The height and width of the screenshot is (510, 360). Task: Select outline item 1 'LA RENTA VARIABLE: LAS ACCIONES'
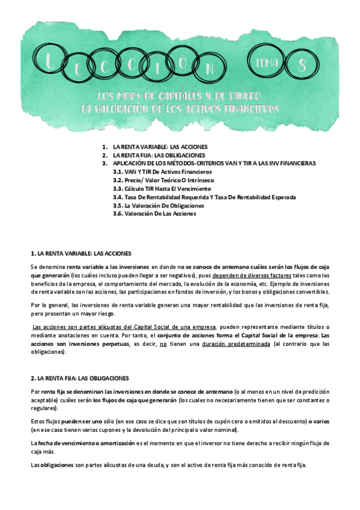point(159,147)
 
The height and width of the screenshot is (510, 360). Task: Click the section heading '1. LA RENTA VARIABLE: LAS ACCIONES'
point(81,253)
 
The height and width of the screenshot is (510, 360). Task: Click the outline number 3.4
point(118,197)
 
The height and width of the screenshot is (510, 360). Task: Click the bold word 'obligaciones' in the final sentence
point(57,464)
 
